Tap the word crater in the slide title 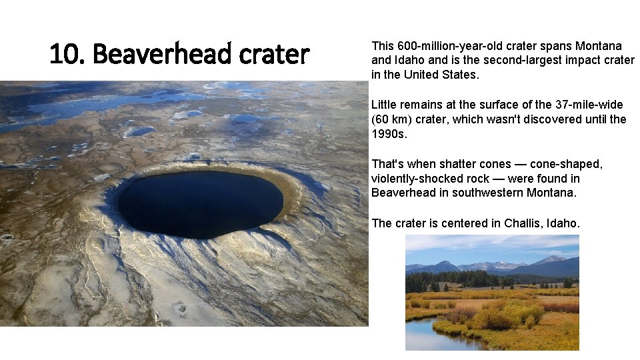pyautogui.click(x=274, y=54)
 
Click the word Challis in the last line pyautogui.click(x=522, y=223)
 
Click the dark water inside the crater pyautogui.click(x=200, y=203)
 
